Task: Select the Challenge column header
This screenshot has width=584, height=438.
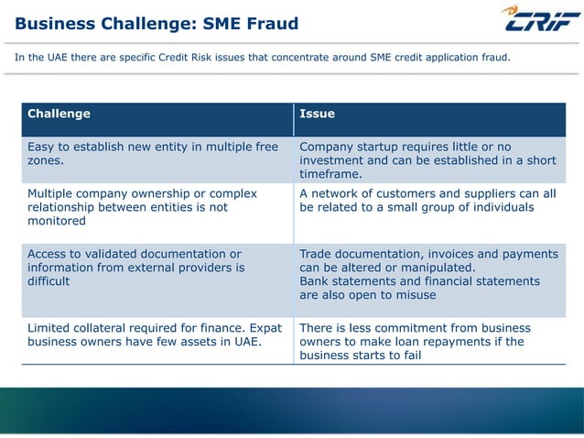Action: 59,114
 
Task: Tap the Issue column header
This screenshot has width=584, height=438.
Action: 317,114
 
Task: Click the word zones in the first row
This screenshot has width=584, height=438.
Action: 46,161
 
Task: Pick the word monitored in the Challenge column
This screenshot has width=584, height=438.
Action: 58,221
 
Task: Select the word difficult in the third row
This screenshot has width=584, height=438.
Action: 51,281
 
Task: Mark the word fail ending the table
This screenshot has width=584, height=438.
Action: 410,356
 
